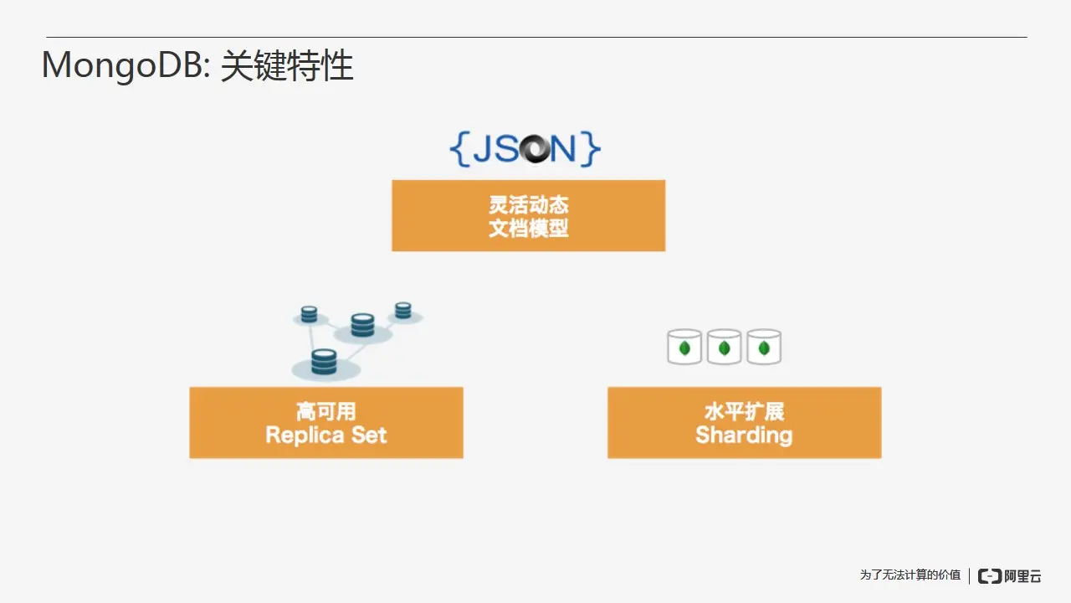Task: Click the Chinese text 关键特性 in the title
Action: pyautogui.click(x=287, y=65)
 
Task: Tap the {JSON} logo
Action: pyautogui.click(x=525, y=148)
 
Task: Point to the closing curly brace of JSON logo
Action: pyautogui.click(x=592, y=148)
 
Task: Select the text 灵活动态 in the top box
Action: pyautogui.click(x=529, y=205)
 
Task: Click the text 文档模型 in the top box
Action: pyautogui.click(x=529, y=227)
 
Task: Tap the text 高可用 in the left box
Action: pyautogui.click(x=325, y=411)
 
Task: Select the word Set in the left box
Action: pyautogui.click(x=369, y=435)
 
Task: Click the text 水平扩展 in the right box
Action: pyautogui.click(x=744, y=411)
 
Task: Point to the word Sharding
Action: pyautogui.click(x=744, y=435)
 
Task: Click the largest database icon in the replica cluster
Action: pyautogui.click(x=324, y=362)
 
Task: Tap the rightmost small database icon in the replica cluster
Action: pyautogui.click(x=403, y=310)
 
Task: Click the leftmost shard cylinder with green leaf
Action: pyautogui.click(x=684, y=347)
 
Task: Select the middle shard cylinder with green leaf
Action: pyautogui.click(x=725, y=347)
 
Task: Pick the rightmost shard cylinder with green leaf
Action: pyautogui.click(x=764, y=347)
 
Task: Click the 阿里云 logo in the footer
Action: pyautogui.click(x=1010, y=575)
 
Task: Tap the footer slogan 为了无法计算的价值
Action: pyautogui.click(x=910, y=575)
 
